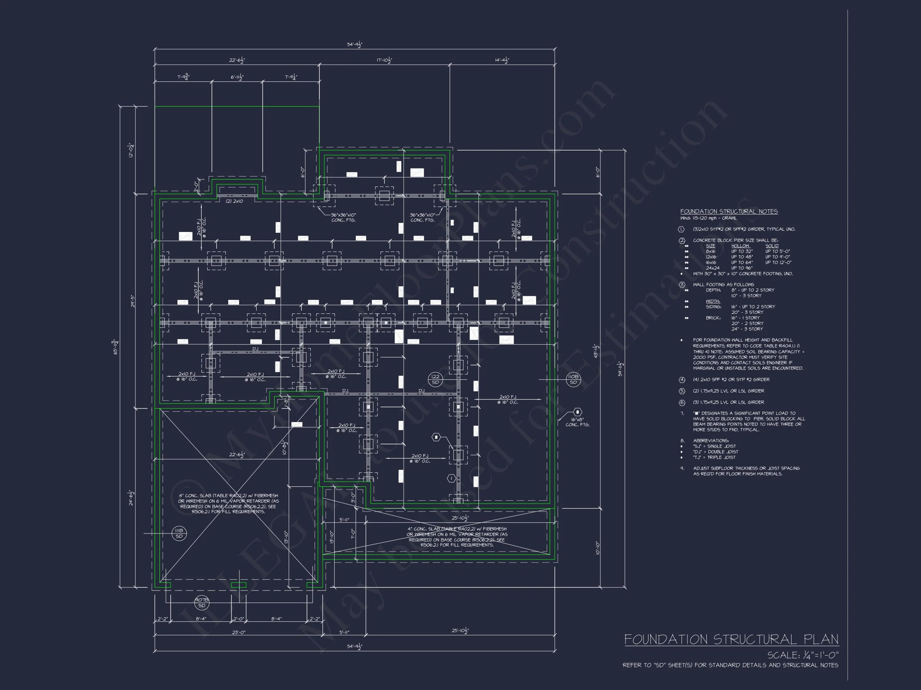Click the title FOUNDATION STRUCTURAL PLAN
pos(731,639)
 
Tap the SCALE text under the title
pos(802,655)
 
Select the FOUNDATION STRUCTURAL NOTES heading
pos(729,212)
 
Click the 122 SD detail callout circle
pos(435,379)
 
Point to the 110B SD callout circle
pos(573,379)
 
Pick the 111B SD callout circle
pos(179,533)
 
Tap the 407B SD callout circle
pos(201,603)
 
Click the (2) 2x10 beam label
pos(234,201)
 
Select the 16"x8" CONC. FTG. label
pos(577,422)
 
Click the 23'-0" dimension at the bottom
pos(239,632)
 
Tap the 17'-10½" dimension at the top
pos(384,60)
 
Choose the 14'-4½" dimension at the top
pos(502,60)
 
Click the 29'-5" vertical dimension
pos(132,301)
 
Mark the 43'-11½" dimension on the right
pos(596,351)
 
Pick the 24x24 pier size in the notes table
pos(712,268)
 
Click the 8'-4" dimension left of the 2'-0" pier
pos(201,619)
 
